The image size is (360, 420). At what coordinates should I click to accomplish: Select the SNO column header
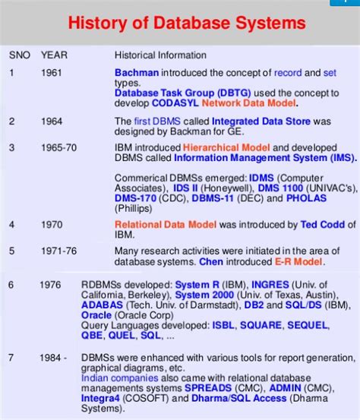pos(20,55)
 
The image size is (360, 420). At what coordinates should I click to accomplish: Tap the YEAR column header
pos(54,55)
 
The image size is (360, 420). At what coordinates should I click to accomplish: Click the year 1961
pos(53,74)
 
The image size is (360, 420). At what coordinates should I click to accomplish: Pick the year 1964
pos(53,121)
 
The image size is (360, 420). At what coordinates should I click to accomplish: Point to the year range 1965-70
pos(58,147)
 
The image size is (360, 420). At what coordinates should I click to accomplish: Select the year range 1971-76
pos(58,250)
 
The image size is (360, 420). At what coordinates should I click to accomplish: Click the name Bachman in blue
pos(135,74)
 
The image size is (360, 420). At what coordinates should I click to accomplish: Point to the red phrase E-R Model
pos(296,261)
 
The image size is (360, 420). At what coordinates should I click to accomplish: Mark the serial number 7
pos(11,358)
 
